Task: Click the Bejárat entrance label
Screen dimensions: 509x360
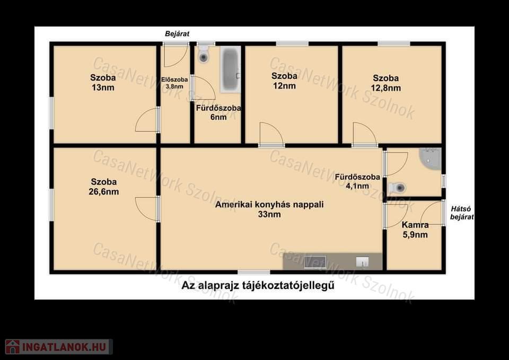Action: point(177,34)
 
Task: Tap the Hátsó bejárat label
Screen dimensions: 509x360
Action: point(462,213)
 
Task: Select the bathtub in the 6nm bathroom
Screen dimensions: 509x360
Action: point(231,69)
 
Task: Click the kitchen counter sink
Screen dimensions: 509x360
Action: point(362,262)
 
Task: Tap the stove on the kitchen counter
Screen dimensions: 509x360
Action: point(315,262)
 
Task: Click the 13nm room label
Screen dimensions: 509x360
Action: point(103,83)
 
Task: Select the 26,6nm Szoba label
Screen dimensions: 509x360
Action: point(104,187)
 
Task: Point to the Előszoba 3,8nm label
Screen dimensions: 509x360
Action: point(174,83)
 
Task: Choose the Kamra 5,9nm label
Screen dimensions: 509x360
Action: point(415,230)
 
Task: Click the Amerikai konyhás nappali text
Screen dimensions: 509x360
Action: point(269,205)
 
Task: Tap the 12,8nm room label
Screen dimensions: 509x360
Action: point(385,83)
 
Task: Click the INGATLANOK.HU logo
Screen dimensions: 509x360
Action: point(59,347)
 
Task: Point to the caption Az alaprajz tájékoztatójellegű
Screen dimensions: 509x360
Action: point(258,286)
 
